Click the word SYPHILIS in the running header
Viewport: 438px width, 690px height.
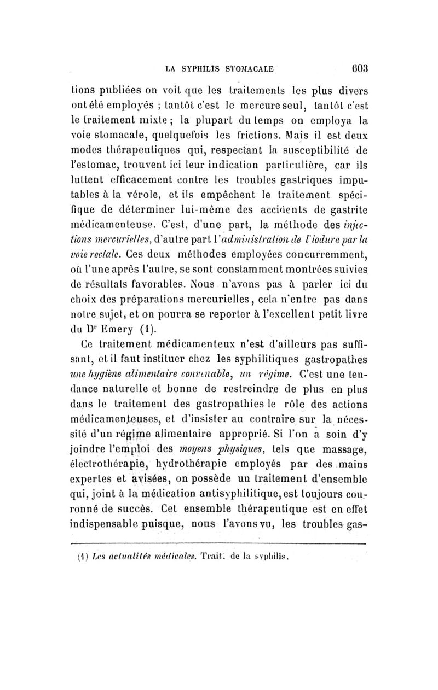205,69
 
